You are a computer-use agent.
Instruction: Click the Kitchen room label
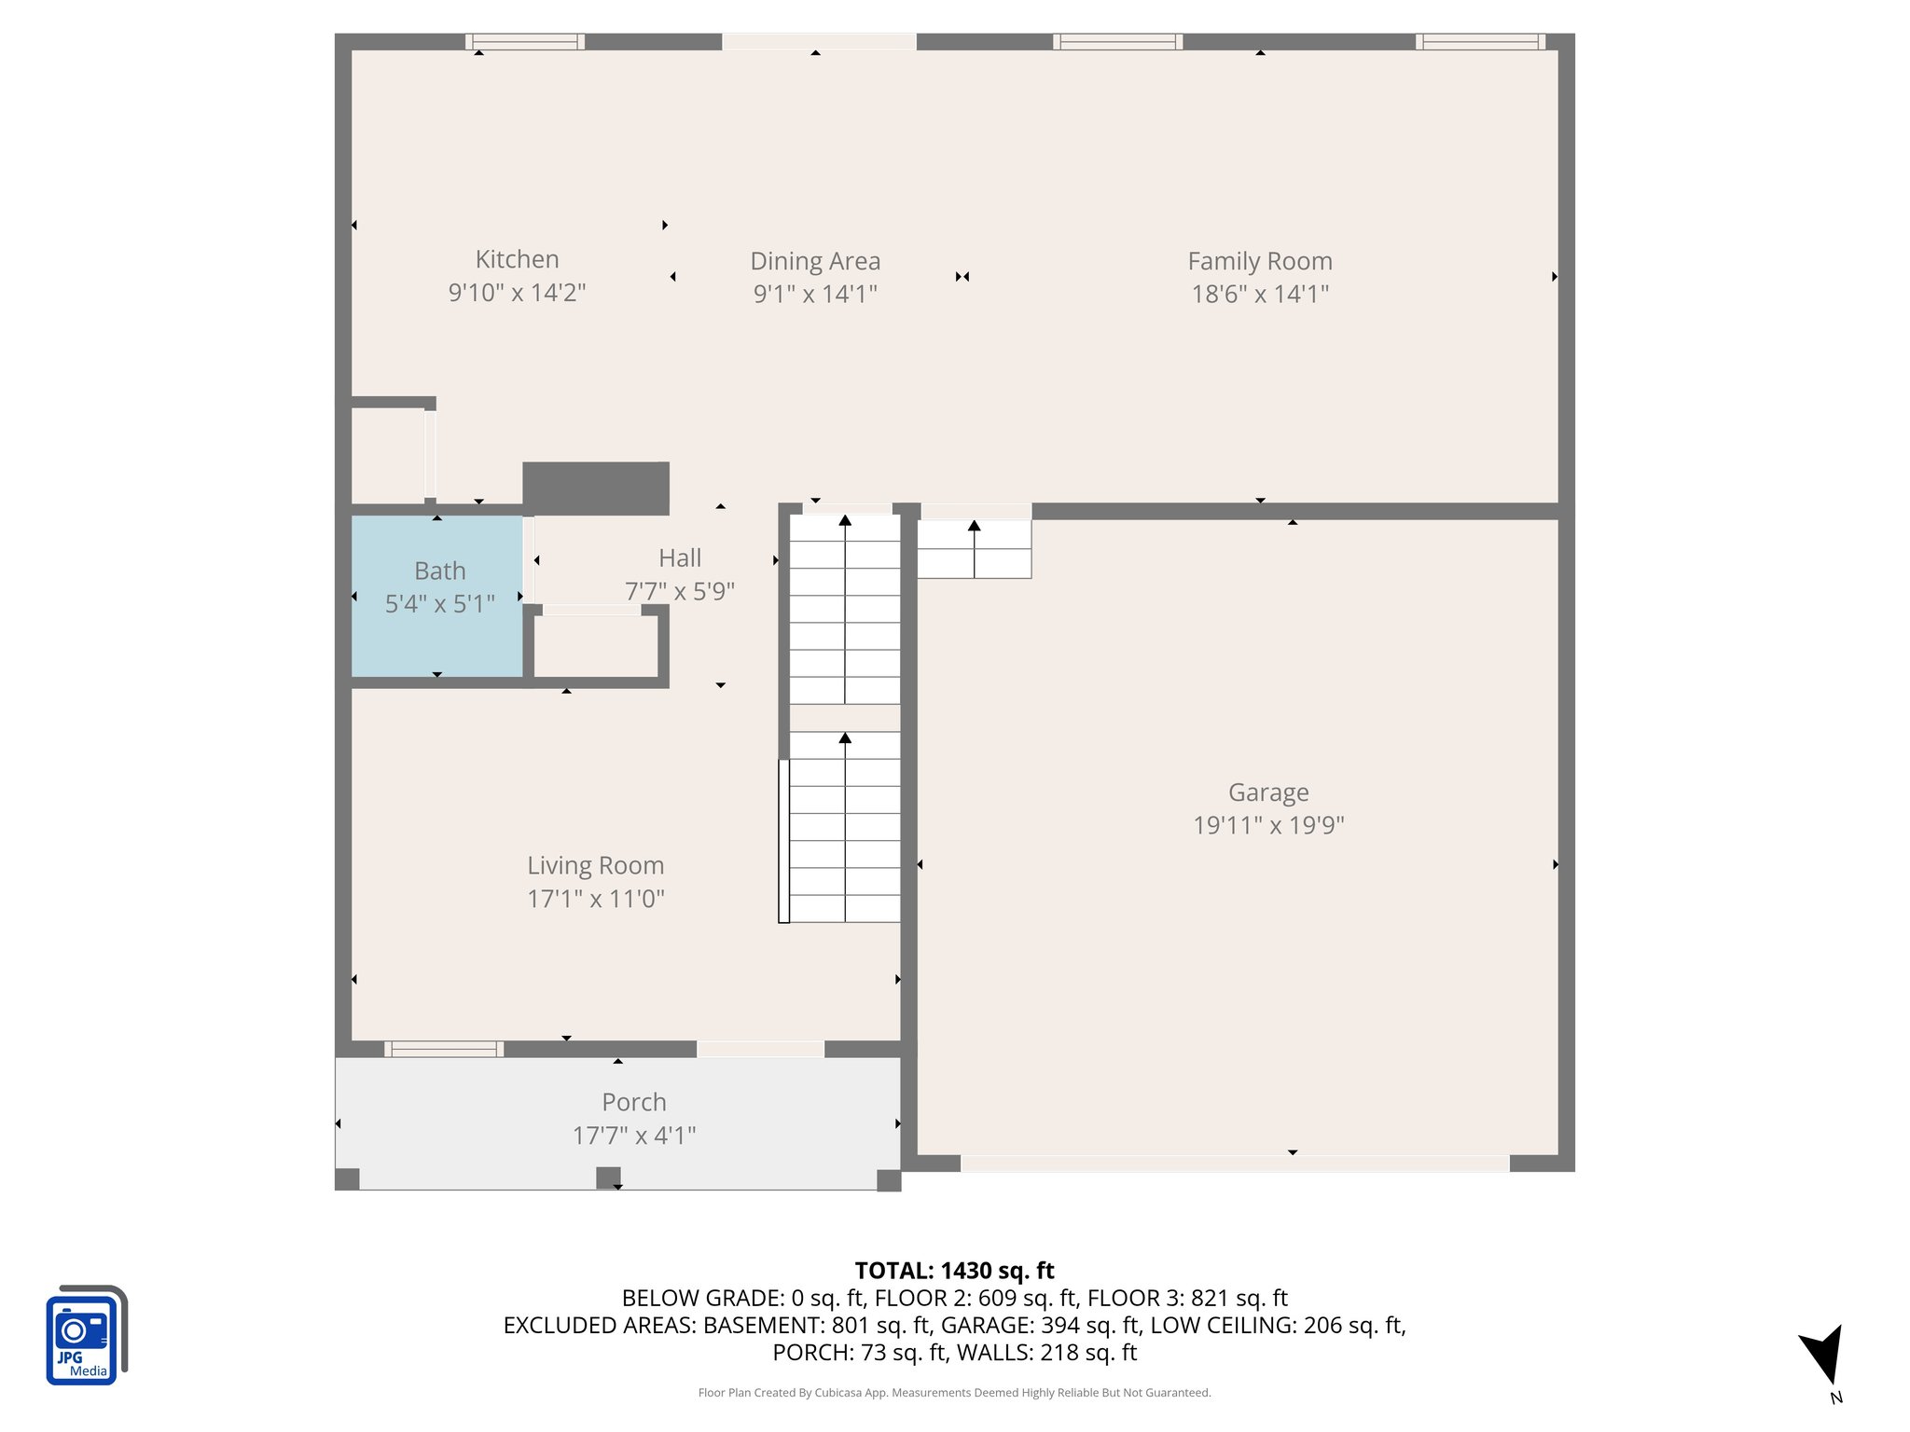coord(517,259)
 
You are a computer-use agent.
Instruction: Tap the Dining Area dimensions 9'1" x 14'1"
coord(815,295)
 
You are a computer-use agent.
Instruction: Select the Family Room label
coord(1259,261)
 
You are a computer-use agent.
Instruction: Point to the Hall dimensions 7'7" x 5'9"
coord(679,591)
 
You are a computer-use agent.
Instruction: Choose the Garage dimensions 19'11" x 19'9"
coord(1268,825)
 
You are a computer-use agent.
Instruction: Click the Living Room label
coord(595,865)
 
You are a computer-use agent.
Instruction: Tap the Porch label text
coord(633,1102)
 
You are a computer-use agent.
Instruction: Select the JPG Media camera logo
coord(85,1335)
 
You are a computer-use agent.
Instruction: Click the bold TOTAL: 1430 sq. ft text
coord(954,1271)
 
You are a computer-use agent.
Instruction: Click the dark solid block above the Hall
coord(595,489)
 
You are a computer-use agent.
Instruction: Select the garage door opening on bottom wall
coord(1234,1163)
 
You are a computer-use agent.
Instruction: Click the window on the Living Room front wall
coord(443,1049)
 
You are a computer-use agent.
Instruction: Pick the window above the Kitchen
coord(524,42)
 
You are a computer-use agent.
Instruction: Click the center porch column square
coord(608,1177)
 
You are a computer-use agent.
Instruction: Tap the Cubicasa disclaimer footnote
coord(954,1393)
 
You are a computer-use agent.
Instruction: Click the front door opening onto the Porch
coord(760,1049)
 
